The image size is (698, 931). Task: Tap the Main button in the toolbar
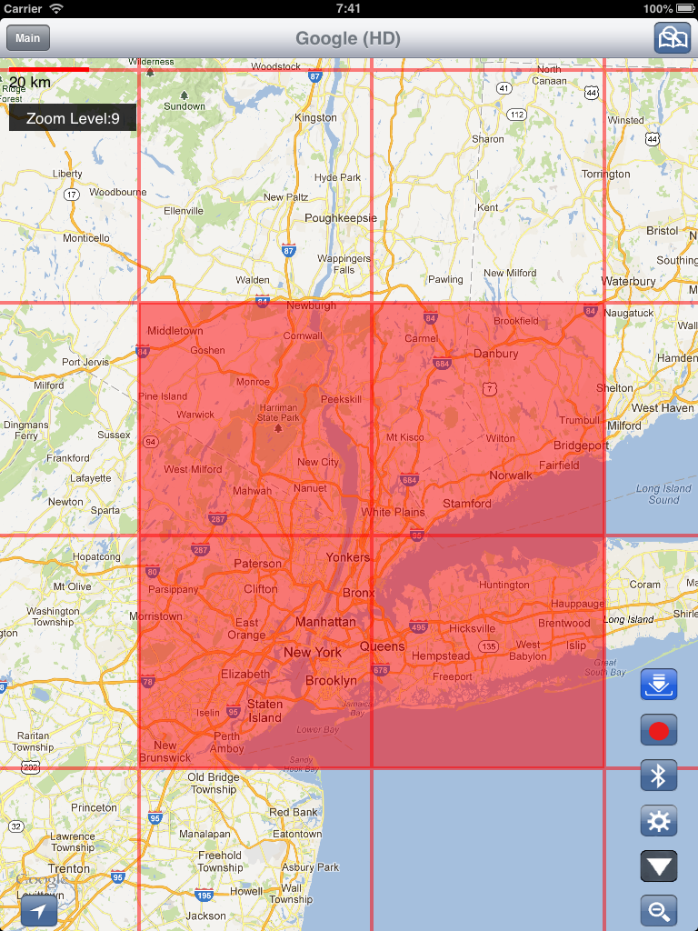tap(28, 38)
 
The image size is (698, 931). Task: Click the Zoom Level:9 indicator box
tap(73, 118)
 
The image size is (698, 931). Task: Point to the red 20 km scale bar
tap(49, 69)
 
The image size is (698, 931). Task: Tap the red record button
tap(659, 729)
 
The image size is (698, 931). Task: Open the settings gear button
tap(659, 822)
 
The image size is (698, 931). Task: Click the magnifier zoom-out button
tap(659, 910)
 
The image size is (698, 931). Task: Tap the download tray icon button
tap(659, 684)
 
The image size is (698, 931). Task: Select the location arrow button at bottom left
tap(39, 911)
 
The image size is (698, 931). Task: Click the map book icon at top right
tap(673, 38)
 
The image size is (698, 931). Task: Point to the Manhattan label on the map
tap(325, 623)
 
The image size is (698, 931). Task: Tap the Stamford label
tap(467, 504)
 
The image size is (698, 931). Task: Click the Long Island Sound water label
tap(663, 494)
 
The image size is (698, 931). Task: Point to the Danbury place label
tap(495, 354)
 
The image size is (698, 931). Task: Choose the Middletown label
tap(175, 331)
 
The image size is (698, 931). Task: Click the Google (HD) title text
tap(348, 38)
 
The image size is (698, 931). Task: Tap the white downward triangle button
tap(659, 866)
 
